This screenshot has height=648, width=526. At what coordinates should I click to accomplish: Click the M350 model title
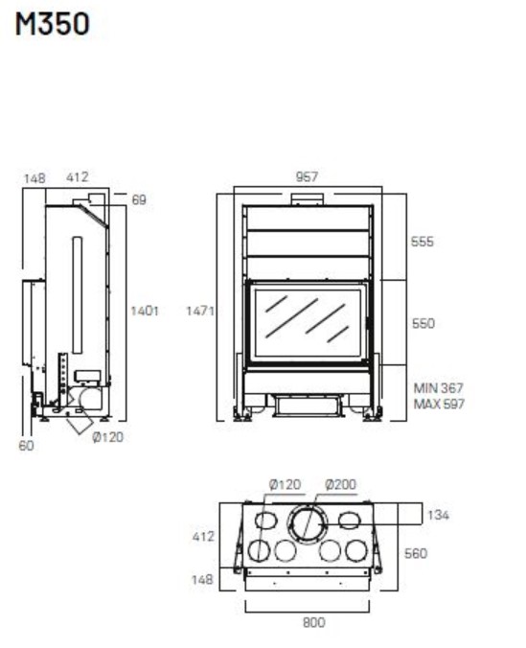[x=52, y=24]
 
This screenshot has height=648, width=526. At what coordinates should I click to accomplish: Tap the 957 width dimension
[x=307, y=177]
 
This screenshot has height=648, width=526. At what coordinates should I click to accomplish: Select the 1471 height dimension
[x=200, y=311]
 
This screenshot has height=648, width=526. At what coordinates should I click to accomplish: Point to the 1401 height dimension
[x=145, y=311]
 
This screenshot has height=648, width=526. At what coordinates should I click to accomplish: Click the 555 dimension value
[x=423, y=242]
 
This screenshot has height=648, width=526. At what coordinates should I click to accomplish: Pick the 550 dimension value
[x=423, y=323]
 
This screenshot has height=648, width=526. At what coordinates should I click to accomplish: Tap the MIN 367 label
[x=439, y=388]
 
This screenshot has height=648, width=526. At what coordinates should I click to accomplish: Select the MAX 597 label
[x=439, y=404]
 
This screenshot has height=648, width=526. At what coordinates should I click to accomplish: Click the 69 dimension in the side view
[x=139, y=199]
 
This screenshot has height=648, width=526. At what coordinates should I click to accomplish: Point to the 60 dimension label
[x=26, y=446]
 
